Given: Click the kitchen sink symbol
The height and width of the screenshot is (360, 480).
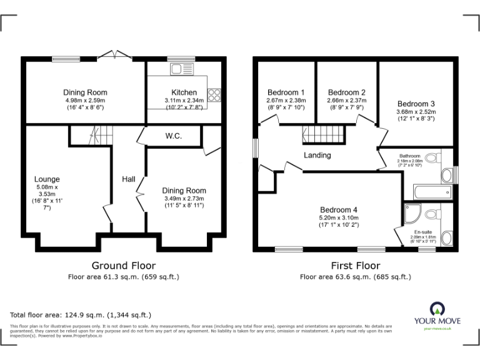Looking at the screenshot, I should [x=182, y=69].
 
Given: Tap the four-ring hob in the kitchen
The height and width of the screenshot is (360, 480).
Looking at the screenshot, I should [x=215, y=94].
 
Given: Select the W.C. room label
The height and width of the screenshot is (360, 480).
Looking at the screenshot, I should [x=174, y=136].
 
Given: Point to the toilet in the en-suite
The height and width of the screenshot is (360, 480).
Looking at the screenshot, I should [x=431, y=215].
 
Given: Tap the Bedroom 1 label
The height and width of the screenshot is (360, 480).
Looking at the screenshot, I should [x=286, y=92].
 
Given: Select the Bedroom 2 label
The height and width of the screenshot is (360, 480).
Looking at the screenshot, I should [x=346, y=92].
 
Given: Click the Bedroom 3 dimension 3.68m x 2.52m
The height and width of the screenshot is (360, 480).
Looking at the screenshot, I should [x=416, y=112].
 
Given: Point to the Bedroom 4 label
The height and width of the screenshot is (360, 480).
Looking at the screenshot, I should [x=338, y=209].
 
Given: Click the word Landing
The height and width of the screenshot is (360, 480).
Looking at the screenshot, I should [x=317, y=155].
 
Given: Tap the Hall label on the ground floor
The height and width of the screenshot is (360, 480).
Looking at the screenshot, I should [x=129, y=179].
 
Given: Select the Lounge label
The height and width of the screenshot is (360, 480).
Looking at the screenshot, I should [x=47, y=179].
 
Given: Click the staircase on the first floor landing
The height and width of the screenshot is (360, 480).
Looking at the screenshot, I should [x=324, y=133].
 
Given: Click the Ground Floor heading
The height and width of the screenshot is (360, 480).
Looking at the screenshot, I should [x=124, y=266].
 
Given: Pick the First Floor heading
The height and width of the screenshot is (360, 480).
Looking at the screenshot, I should [x=356, y=266].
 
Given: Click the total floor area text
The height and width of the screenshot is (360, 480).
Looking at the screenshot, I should [x=81, y=315].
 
